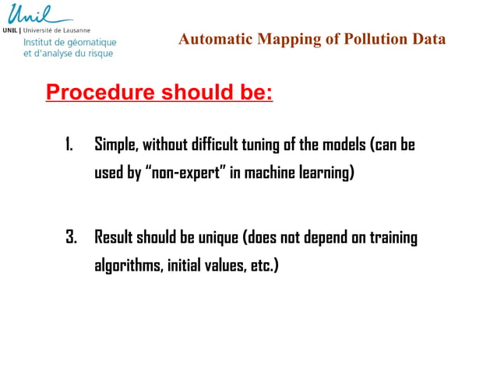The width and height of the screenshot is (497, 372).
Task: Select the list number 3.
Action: coord(70,237)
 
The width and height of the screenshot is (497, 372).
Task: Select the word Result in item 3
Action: coord(115,237)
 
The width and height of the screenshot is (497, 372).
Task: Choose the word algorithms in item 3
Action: coord(128,265)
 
